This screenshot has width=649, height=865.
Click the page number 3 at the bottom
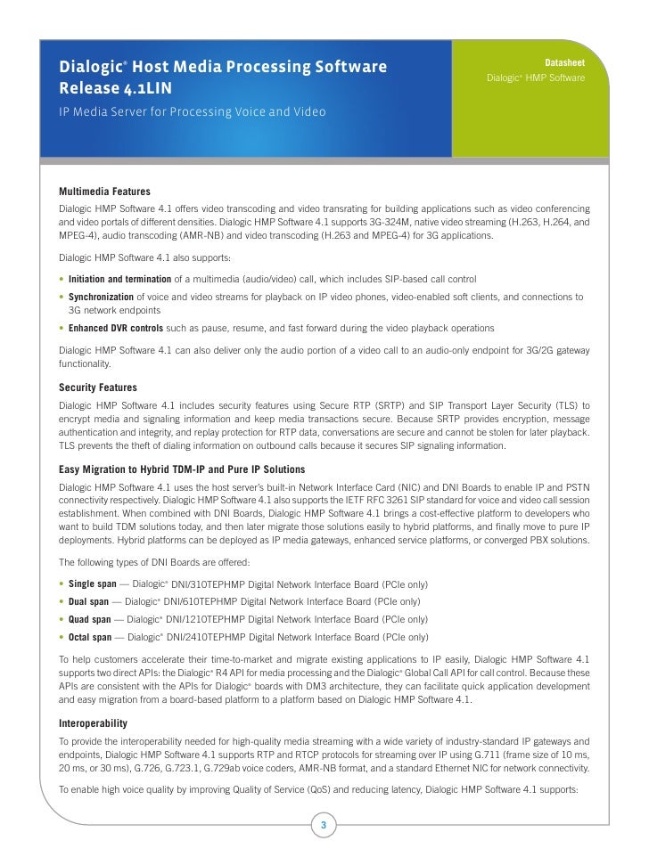(x=324, y=826)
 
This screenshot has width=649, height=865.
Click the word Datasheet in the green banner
(x=564, y=62)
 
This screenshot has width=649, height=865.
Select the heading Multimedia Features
(x=104, y=192)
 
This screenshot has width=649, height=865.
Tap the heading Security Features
(x=98, y=388)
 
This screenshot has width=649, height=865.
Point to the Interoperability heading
(x=93, y=722)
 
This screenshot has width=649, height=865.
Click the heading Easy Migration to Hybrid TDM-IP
(x=182, y=469)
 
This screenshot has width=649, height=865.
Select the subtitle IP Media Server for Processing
(x=192, y=113)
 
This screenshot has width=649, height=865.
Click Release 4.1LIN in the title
(x=116, y=87)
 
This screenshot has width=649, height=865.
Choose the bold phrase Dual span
(x=88, y=602)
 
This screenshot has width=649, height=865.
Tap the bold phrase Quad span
(x=90, y=619)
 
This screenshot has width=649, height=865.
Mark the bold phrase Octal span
(x=91, y=637)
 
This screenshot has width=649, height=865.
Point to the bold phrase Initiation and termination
(x=120, y=280)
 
